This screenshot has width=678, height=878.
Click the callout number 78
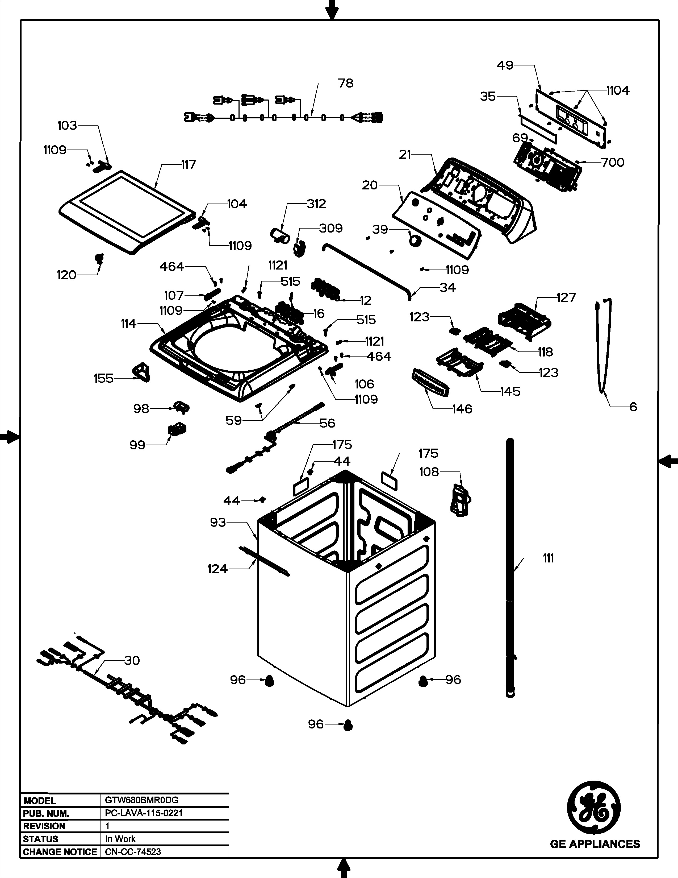[345, 83]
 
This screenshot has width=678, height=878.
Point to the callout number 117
[189, 164]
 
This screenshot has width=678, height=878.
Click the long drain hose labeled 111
[510, 563]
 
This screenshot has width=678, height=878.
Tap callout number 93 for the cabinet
[218, 522]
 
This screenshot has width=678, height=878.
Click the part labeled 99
[176, 430]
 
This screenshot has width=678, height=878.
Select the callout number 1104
[618, 90]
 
